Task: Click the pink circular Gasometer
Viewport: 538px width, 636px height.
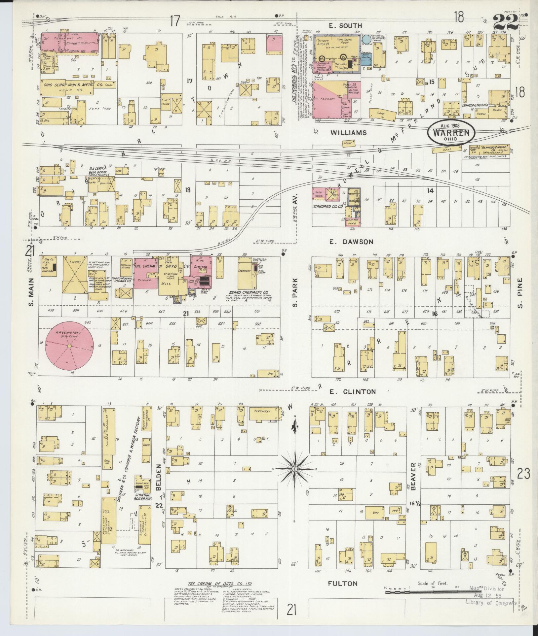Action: [x=69, y=345]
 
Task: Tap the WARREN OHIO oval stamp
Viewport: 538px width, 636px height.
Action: [x=451, y=133]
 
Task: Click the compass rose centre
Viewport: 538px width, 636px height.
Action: [x=294, y=469]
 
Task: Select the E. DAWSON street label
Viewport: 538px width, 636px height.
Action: [x=351, y=242]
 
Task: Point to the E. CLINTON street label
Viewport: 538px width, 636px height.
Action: [x=353, y=392]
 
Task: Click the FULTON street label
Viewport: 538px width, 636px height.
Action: [x=343, y=584]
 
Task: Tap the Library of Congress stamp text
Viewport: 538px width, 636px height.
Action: [x=491, y=603]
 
